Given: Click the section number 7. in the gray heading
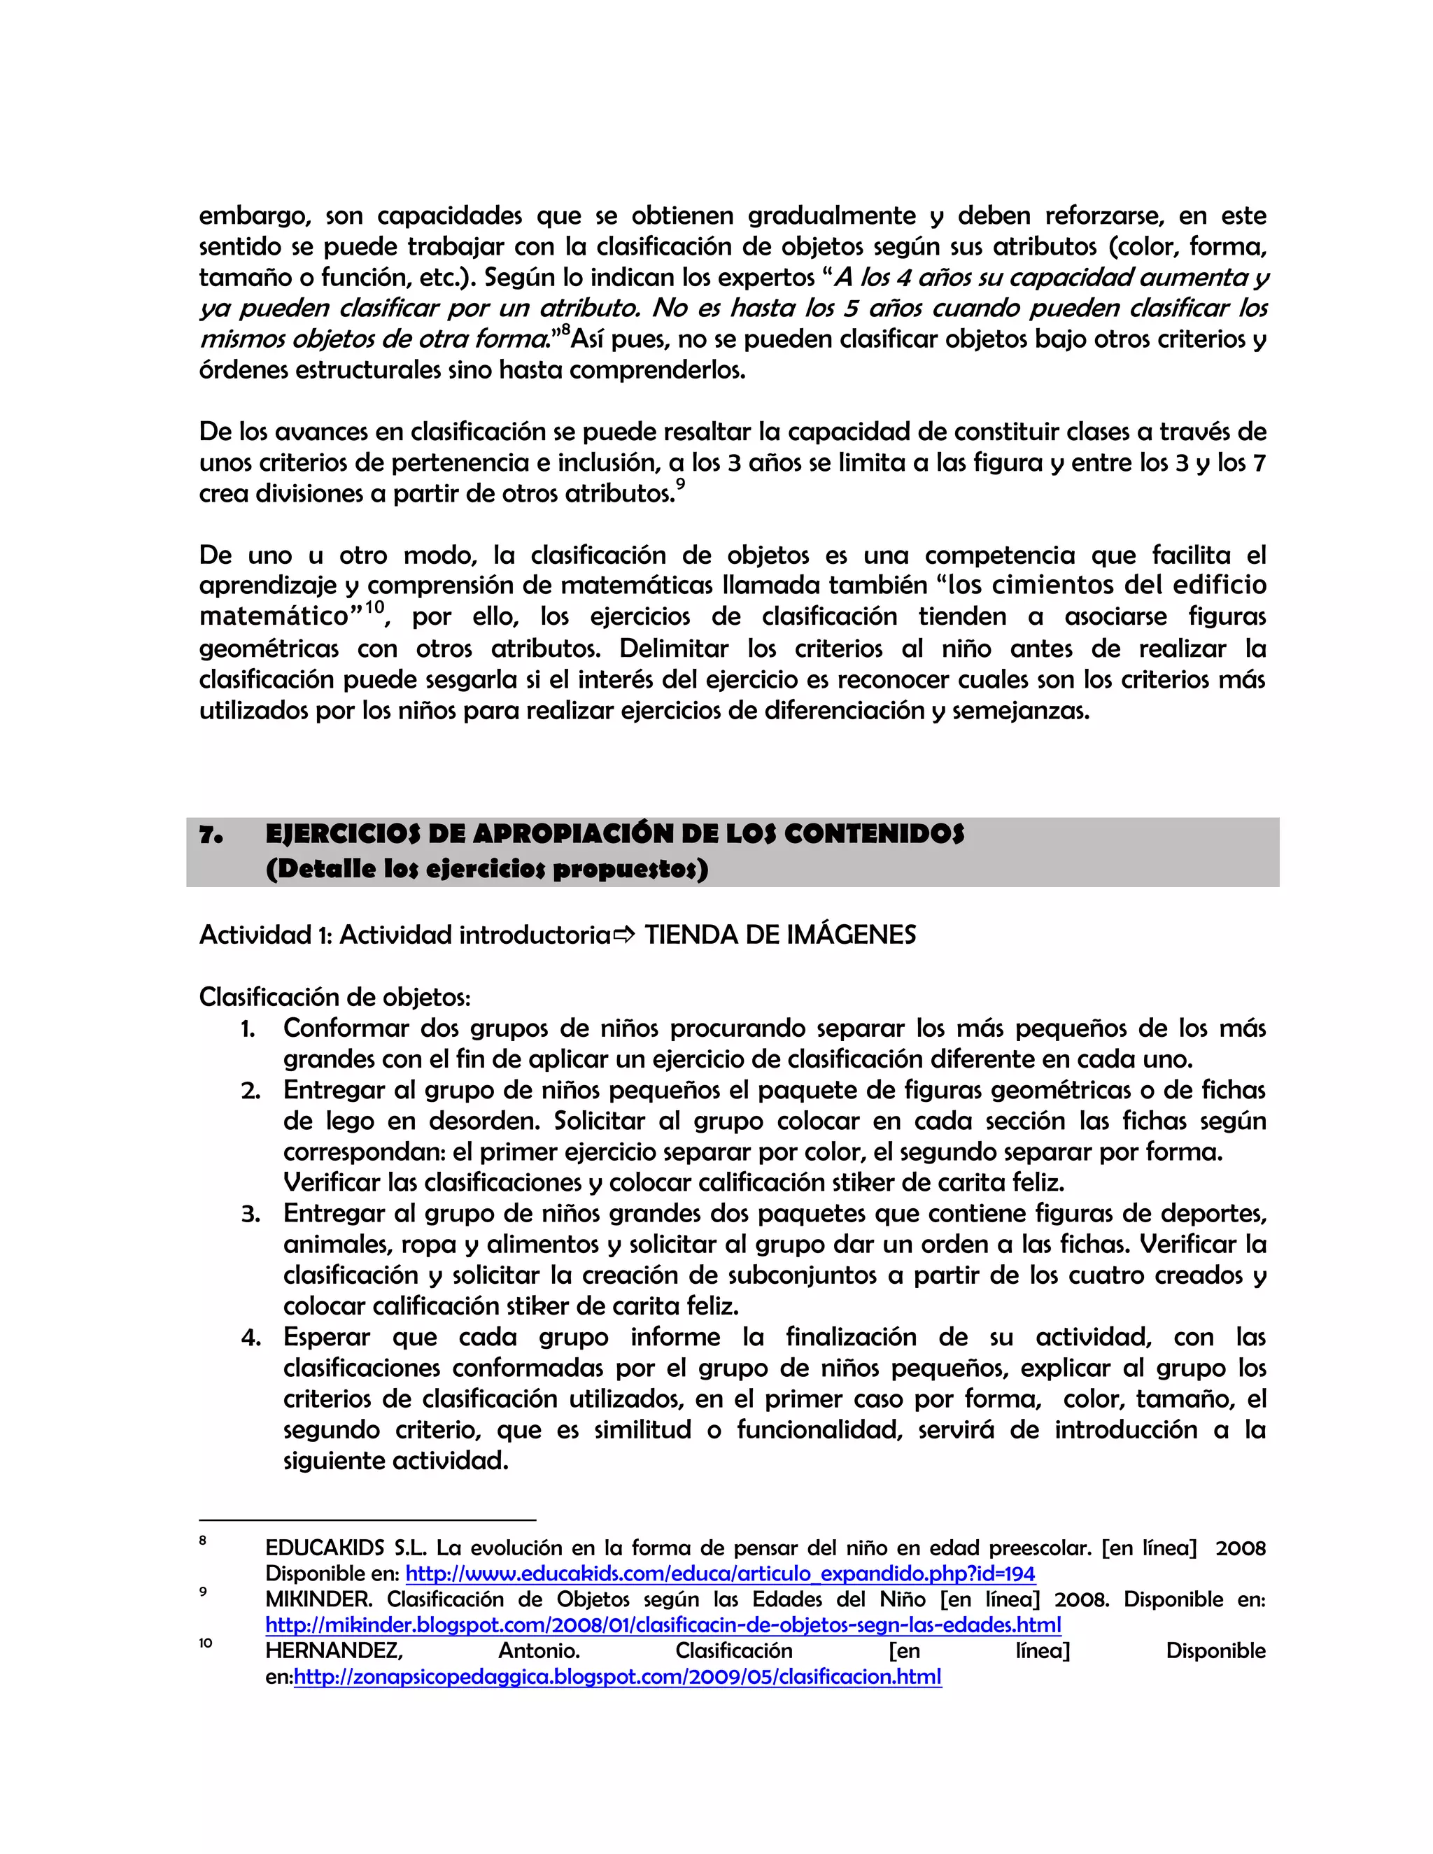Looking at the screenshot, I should click(x=211, y=835).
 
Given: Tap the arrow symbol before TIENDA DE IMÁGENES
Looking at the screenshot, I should click(x=624, y=935).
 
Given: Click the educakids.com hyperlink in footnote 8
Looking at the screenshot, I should click(x=720, y=1573).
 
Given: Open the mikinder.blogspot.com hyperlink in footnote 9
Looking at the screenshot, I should click(x=663, y=1625).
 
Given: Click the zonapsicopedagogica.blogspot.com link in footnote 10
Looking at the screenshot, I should click(x=617, y=1676).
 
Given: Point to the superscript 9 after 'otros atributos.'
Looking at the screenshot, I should click(x=680, y=485).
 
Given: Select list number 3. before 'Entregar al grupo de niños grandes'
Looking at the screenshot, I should click(x=250, y=1214).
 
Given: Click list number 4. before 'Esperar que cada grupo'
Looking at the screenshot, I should click(x=250, y=1338).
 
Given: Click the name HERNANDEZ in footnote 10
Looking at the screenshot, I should click(x=334, y=1650).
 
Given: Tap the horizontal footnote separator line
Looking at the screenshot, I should click(x=367, y=1520).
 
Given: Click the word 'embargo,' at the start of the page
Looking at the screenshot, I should click(x=255, y=216).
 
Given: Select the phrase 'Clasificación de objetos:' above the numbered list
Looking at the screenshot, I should click(x=334, y=996).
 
